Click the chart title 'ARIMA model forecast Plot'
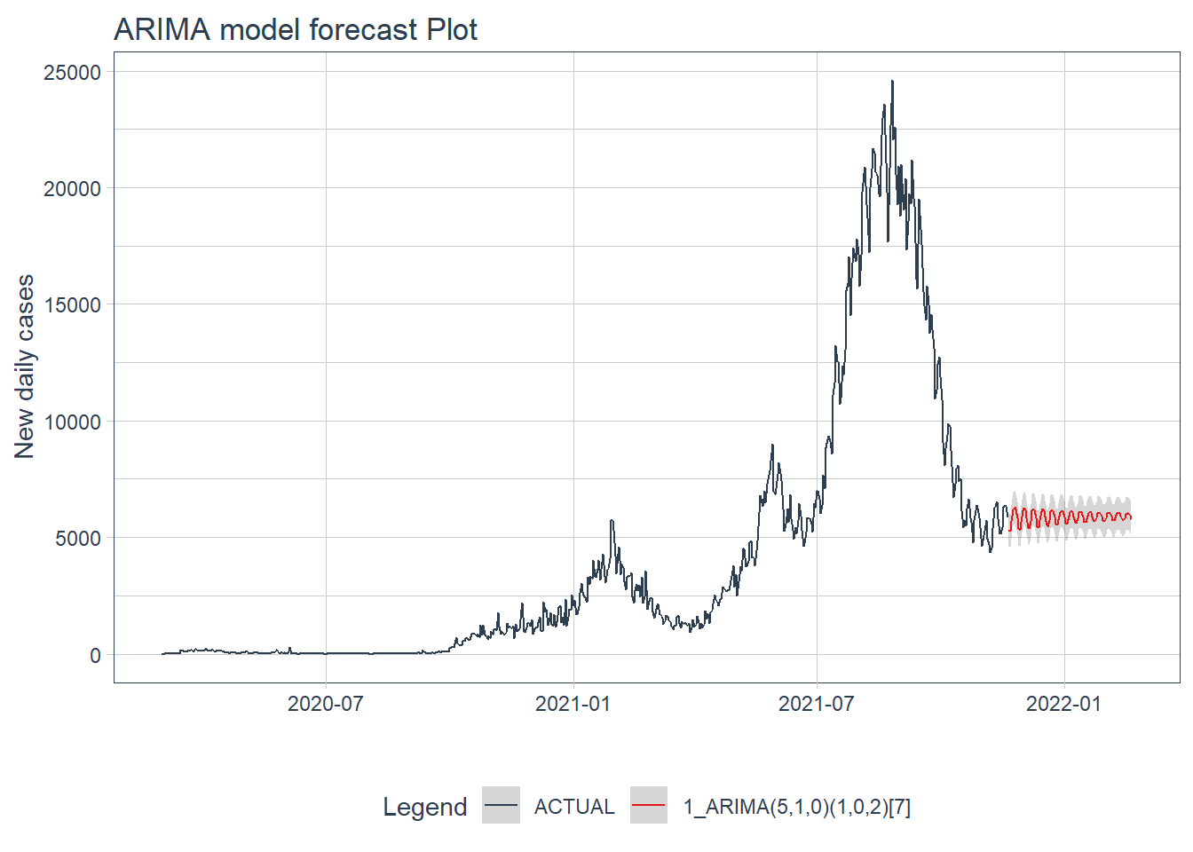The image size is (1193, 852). [x=295, y=29]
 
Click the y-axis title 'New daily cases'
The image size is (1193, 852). [x=25, y=366]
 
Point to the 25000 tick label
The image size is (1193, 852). [x=72, y=73]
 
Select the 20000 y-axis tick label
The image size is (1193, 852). [x=72, y=189]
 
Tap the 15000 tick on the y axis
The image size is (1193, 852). [x=72, y=305]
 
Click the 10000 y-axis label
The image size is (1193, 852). [x=72, y=422]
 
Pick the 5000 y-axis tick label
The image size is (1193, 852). [x=77, y=539]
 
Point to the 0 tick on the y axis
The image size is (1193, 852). [x=95, y=656]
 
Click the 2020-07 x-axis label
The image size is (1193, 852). [x=326, y=705]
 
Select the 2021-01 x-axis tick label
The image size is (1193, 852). [x=573, y=705]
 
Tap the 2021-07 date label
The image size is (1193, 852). [x=816, y=705]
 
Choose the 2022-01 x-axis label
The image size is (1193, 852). [x=1063, y=705]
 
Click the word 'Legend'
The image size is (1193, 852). [x=424, y=807]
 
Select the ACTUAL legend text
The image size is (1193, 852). [x=574, y=807]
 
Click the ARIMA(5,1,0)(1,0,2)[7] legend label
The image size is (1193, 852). [x=796, y=807]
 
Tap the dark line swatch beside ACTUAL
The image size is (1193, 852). [x=501, y=806]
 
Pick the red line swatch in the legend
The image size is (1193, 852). [x=649, y=806]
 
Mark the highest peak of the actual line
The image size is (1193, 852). [x=892, y=82]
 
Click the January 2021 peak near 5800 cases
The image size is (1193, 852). [x=612, y=522]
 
